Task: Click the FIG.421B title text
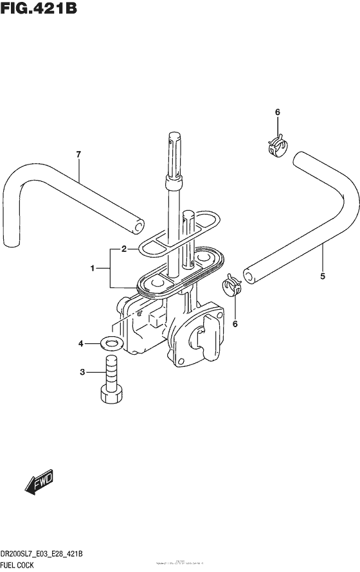point(40,11)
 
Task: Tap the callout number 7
point(78,154)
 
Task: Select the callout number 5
point(322,277)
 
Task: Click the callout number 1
point(92,268)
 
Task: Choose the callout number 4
point(81,344)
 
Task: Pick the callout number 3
point(82,372)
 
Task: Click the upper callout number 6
point(278,112)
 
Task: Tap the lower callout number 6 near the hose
point(235,323)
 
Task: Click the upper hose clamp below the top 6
point(276,145)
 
